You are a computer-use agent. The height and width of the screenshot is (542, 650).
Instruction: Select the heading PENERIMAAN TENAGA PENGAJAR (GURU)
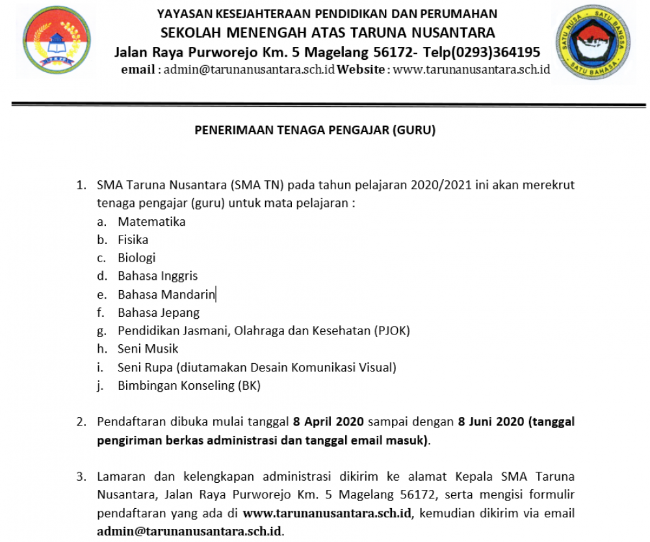315,130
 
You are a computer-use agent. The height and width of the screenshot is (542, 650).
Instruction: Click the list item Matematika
151,221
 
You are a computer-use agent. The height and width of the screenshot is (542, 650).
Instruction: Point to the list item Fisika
133,239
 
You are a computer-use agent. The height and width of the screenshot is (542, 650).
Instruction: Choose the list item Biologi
136,258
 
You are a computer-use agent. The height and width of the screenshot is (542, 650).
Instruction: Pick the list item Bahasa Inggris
157,276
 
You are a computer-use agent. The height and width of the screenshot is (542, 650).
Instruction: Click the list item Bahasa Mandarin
166,294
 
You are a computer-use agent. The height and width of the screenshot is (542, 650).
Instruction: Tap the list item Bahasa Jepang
159,312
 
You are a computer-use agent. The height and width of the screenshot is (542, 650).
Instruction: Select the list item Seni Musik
148,349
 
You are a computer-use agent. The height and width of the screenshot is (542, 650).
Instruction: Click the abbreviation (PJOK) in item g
392,331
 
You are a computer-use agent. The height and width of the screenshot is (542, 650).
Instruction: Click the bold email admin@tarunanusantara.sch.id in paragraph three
189,531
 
